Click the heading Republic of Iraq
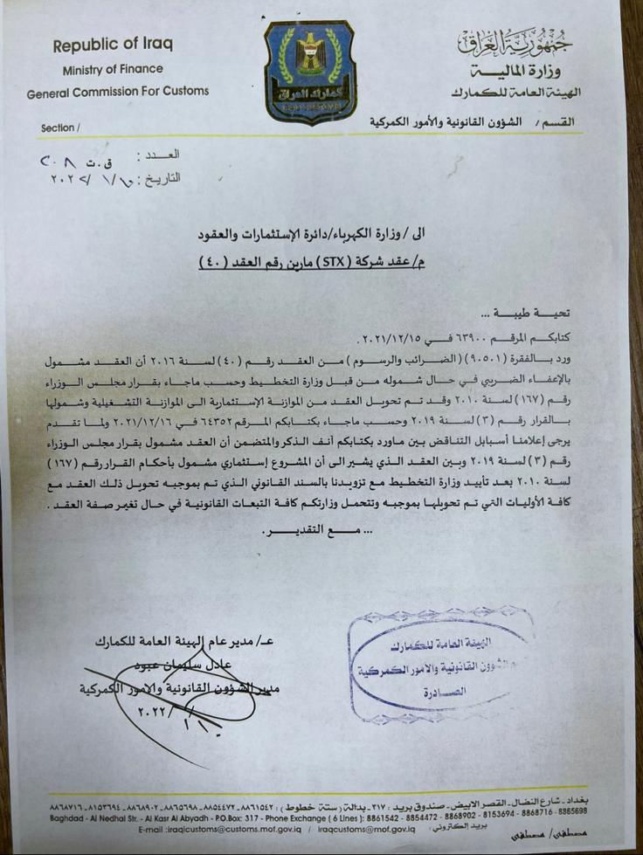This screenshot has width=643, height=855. point(120,45)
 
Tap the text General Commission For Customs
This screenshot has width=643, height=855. point(118,91)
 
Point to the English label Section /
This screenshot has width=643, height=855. point(60,128)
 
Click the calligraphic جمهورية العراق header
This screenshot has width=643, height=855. point(512,42)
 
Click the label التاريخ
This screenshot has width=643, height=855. point(160,176)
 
